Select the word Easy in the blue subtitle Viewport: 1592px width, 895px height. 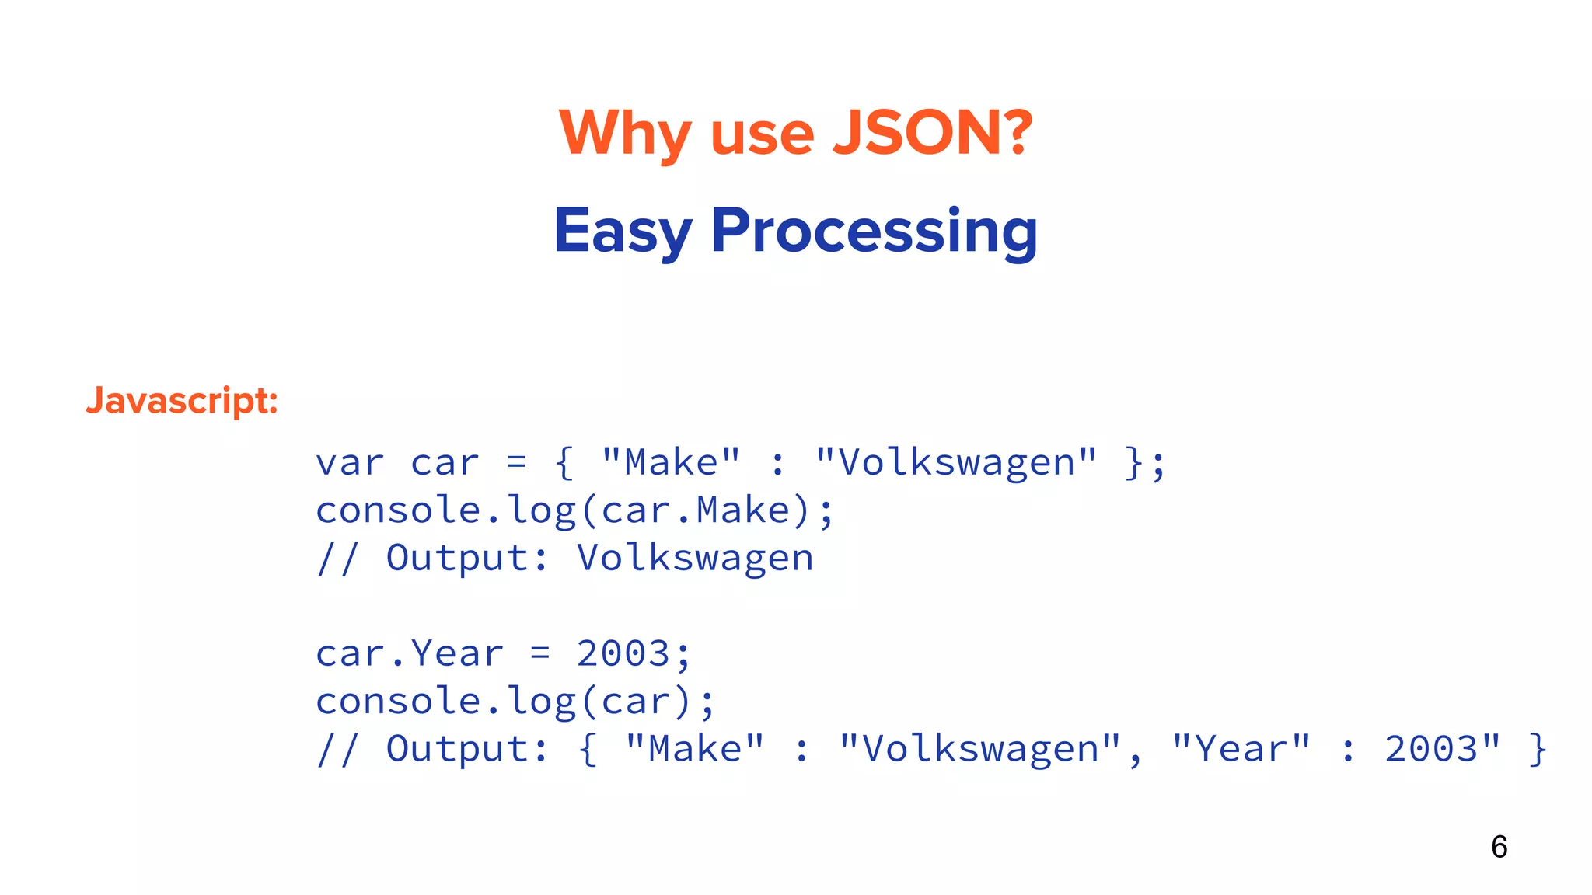coord(623,231)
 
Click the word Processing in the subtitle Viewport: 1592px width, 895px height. coord(874,231)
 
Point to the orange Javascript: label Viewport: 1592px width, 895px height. coord(182,400)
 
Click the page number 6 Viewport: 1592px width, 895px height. coord(1499,846)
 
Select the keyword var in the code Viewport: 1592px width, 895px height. coord(350,463)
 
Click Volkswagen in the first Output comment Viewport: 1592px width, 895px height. coord(695,559)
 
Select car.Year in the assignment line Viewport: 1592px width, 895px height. coord(410,653)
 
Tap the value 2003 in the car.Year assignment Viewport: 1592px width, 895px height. coord(623,653)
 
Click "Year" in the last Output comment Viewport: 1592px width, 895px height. coord(1241,749)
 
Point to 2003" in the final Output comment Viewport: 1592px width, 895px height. coord(1443,749)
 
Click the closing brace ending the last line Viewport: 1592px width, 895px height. coord(1538,749)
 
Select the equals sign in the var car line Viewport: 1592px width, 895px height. coord(516,463)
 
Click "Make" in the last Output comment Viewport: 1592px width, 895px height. coord(695,749)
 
